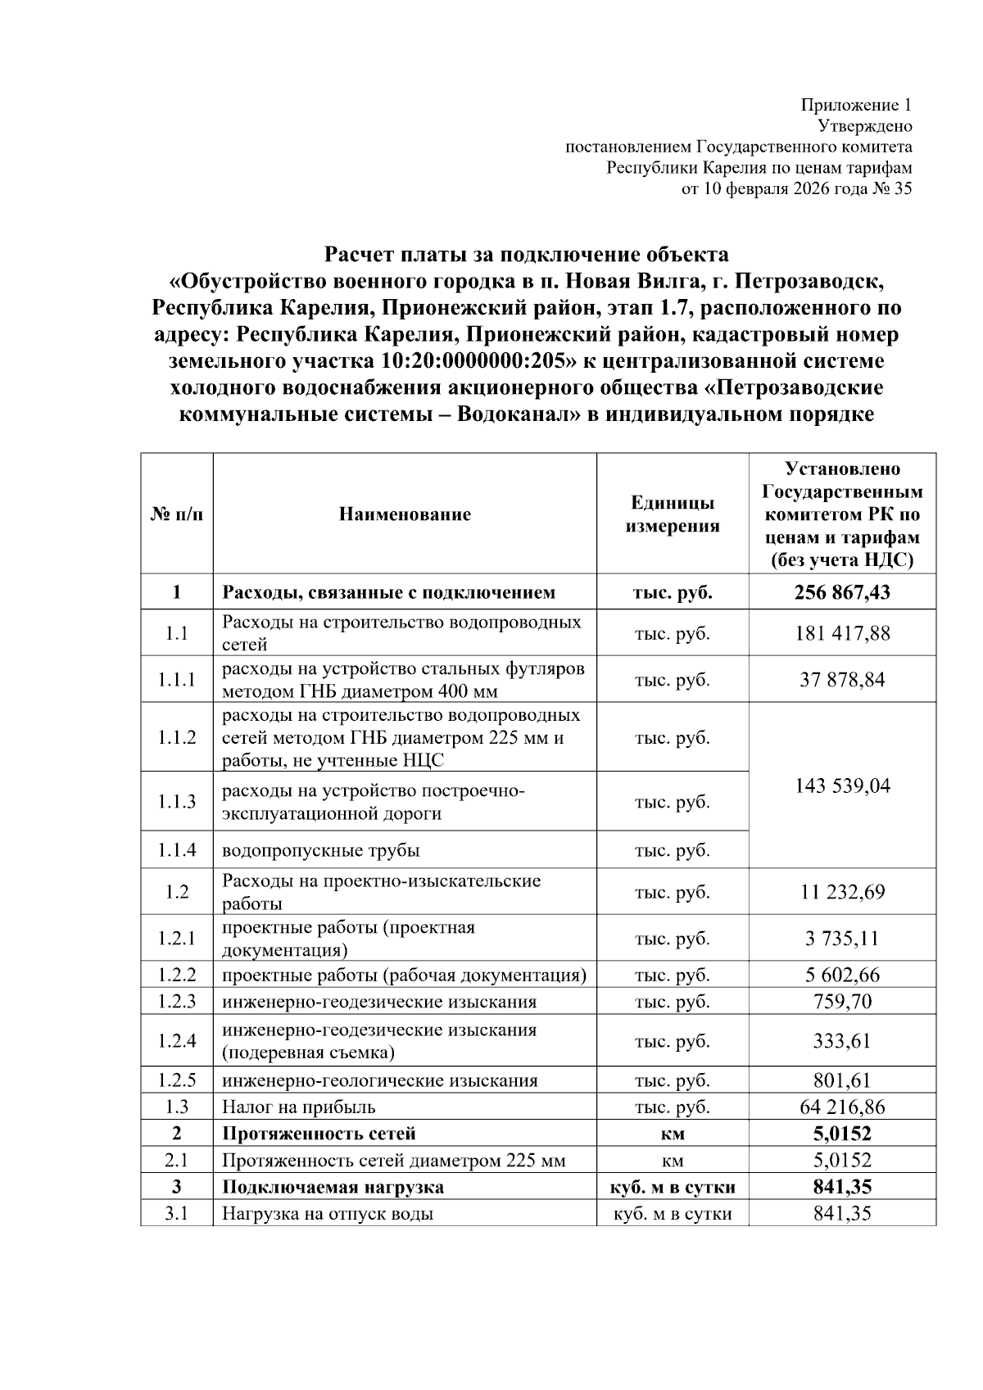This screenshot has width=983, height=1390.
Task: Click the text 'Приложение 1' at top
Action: pyautogui.click(x=855, y=105)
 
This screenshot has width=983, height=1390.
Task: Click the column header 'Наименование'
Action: pyautogui.click(x=405, y=514)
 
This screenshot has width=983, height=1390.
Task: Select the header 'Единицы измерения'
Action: pyautogui.click(x=672, y=514)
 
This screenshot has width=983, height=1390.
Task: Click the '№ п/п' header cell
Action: pyautogui.click(x=176, y=514)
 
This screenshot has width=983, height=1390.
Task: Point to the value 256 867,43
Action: pyautogui.click(x=841, y=592)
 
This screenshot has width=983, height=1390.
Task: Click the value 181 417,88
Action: pyautogui.click(x=841, y=633)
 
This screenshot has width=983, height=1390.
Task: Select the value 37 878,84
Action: pyautogui.click(x=841, y=680)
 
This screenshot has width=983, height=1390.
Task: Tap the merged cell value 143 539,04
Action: pyautogui.click(x=841, y=786)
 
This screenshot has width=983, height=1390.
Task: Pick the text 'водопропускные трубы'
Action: pyautogui.click(x=321, y=850)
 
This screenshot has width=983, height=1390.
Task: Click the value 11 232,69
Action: pyautogui.click(x=841, y=892)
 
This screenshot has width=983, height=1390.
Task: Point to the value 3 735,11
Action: pyautogui.click(x=841, y=939)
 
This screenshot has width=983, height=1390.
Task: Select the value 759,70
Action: pyautogui.click(x=841, y=1002)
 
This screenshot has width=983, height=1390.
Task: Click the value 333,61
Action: pyautogui.click(x=841, y=1041)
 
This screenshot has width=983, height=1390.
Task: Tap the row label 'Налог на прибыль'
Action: pyautogui.click(x=299, y=1107)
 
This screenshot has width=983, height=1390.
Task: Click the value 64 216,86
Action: pyautogui.click(x=841, y=1107)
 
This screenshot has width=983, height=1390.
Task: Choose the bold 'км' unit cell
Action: pyautogui.click(x=672, y=1134)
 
